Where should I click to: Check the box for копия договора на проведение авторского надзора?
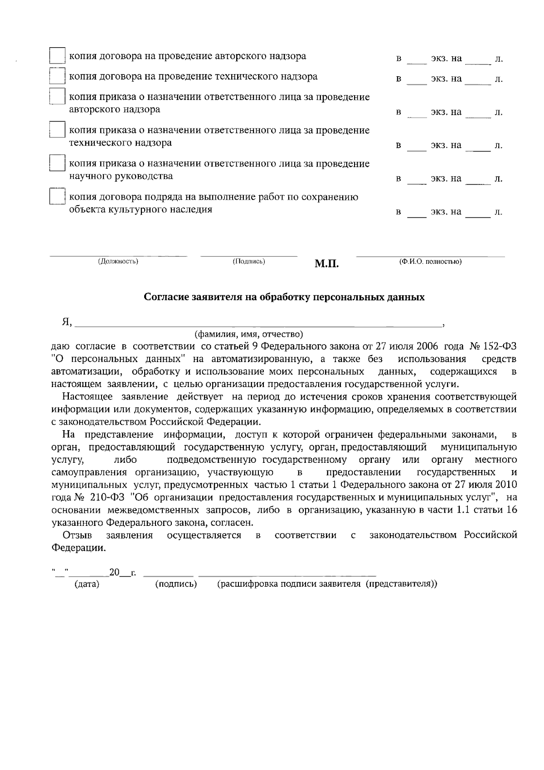coord(57,56)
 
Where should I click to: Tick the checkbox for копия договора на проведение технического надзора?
coord(57,76)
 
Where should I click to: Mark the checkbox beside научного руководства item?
coord(57,163)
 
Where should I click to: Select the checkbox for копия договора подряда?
coord(57,197)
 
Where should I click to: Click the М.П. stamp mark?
coord(326,264)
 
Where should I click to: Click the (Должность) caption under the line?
coord(118,261)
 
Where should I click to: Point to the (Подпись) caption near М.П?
coord(249,261)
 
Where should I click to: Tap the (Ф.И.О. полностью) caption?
coord(430,261)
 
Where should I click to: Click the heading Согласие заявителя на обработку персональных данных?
coord(284,297)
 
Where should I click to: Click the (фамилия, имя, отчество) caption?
coord(249,335)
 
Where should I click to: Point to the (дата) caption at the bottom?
coord(87,584)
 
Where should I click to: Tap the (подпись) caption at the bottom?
coord(176,584)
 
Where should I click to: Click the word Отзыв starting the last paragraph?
coord(78,535)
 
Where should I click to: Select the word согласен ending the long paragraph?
coord(231,523)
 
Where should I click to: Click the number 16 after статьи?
coord(511,510)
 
